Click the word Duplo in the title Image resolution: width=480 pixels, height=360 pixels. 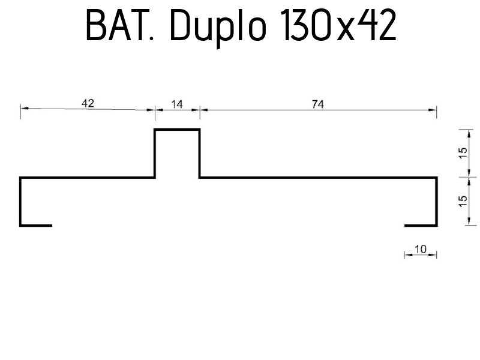(x=213, y=27)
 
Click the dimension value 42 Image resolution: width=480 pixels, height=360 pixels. (x=88, y=103)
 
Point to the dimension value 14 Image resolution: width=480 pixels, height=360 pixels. (x=177, y=104)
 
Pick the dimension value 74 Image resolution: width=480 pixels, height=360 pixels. (x=318, y=104)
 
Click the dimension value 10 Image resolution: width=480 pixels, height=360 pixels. (x=421, y=249)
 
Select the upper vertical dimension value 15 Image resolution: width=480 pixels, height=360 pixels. (x=462, y=153)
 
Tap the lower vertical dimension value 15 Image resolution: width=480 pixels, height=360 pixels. (x=462, y=201)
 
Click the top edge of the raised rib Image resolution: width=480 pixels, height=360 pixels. (x=177, y=129)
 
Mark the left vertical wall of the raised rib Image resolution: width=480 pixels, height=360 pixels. (x=155, y=153)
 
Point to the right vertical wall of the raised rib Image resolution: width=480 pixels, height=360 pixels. (x=199, y=153)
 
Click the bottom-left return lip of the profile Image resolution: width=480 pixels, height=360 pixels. (x=36, y=225)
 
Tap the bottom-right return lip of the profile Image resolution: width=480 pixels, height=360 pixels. (x=421, y=225)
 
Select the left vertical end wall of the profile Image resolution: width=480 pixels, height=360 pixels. (x=21, y=201)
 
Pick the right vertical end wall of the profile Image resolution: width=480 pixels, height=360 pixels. (x=436, y=201)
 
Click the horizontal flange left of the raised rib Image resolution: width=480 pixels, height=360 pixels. (x=88, y=178)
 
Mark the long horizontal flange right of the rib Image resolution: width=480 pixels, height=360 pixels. (x=318, y=178)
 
